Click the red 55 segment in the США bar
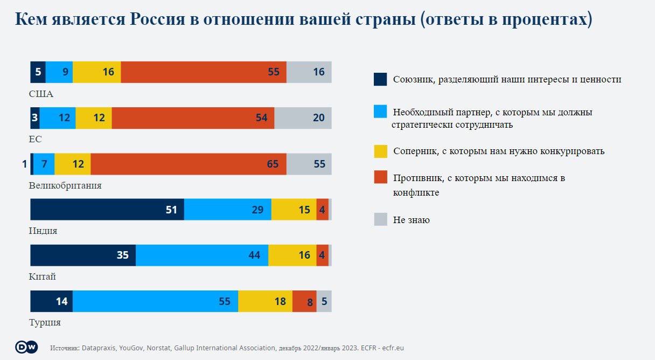pos(204,72)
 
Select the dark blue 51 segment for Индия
pos(107,209)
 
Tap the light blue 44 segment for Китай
pos(202,255)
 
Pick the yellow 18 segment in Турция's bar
pos(265,301)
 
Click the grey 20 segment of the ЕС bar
pos(303,117)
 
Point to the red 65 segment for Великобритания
pos(189,164)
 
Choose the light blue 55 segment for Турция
pos(155,301)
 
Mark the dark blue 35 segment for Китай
pos(83,255)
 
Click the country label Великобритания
pos(65,185)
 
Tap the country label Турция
pos(45,323)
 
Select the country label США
pos(41,94)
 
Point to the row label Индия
pos(43,231)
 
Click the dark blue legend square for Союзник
pos(380,79)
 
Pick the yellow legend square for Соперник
pos(380,151)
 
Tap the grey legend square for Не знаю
pos(380,219)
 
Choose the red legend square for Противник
pos(380,178)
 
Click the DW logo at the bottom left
pos(26,348)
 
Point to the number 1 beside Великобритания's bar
pos(25,164)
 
